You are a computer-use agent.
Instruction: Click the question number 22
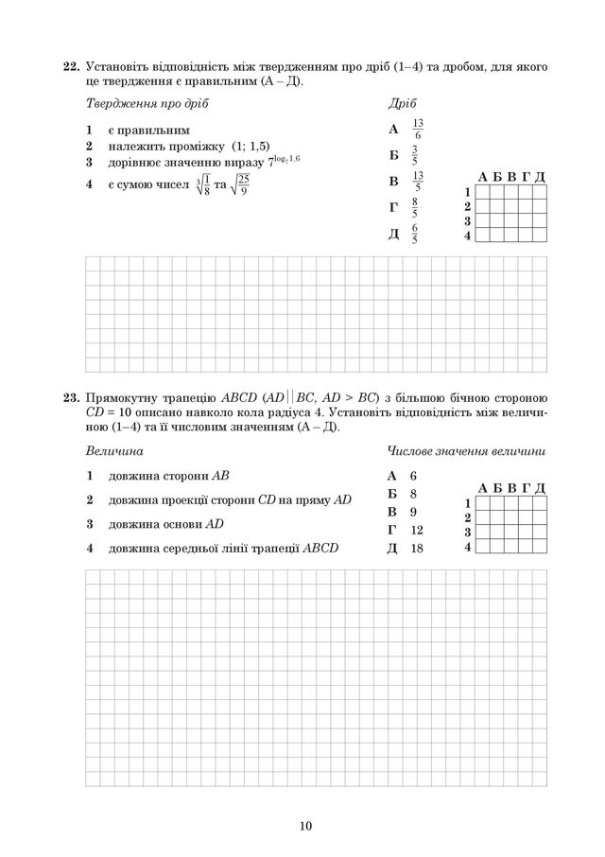[x=69, y=68]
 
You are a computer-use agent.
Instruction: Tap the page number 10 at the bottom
[x=302, y=826]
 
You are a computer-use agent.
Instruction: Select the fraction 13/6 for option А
[x=418, y=130]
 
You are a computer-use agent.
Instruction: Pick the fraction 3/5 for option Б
[x=415, y=155]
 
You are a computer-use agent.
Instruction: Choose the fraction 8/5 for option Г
[x=415, y=207]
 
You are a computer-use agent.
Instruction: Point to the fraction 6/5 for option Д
[x=415, y=234]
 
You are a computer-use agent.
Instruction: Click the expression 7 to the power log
[x=284, y=163]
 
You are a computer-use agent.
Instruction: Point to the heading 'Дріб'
[x=402, y=102]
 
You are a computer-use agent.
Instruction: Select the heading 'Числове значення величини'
[x=466, y=451]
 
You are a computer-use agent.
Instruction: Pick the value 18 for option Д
[x=417, y=549]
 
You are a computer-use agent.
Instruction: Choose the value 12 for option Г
[x=417, y=531]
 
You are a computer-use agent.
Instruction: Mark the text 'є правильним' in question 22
[x=147, y=130]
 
